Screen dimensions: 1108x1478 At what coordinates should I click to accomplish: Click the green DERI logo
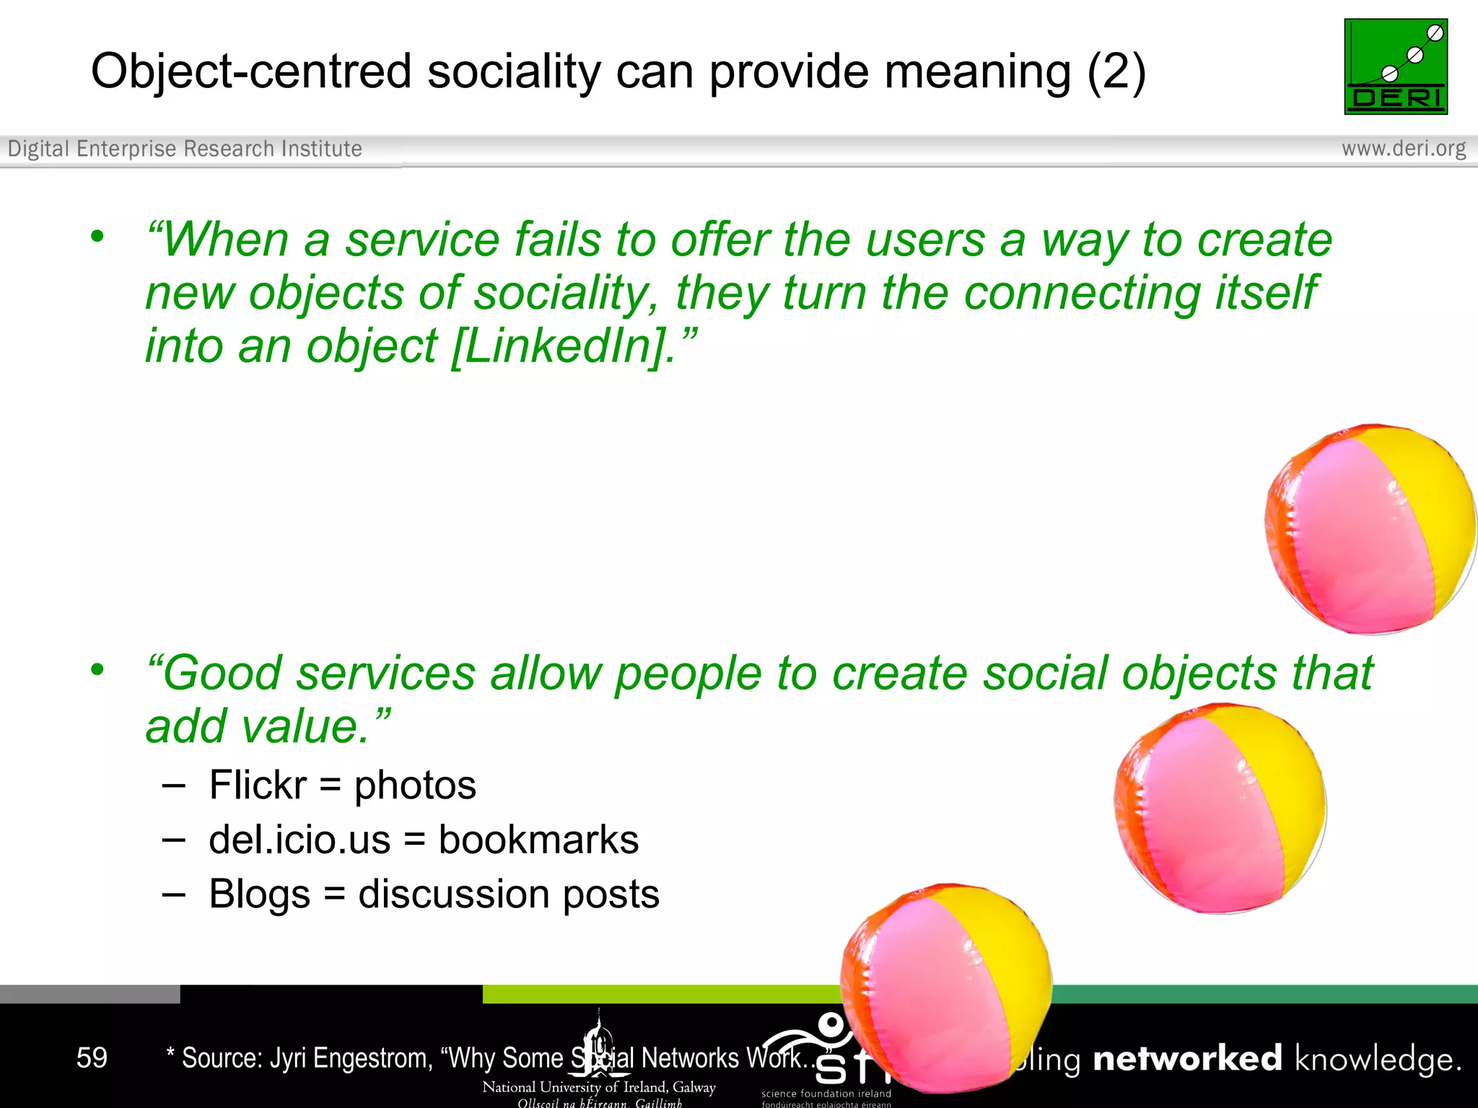tap(1396, 66)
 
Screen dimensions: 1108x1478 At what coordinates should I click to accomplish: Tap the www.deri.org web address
tap(1403, 149)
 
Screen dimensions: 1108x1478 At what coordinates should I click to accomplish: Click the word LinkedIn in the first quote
tap(559, 346)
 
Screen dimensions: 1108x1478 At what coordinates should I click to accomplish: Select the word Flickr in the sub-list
tap(258, 785)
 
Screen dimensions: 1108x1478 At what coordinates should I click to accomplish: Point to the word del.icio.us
tap(299, 840)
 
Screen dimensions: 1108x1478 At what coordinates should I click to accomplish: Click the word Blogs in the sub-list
tap(259, 894)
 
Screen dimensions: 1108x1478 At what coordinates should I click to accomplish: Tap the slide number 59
tap(92, 1058)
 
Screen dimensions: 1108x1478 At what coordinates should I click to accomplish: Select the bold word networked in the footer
tap(1187, 1059)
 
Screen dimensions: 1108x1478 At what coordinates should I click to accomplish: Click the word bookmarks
tap(538, 840)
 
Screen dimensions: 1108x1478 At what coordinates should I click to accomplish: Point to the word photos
tap(415, 785)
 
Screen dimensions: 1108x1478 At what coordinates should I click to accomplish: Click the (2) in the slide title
tap(1116, 72)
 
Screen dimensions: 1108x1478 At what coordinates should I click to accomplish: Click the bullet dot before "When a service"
tap(97, 236)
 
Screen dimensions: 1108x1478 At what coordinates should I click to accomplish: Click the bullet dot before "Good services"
tap(97, 669)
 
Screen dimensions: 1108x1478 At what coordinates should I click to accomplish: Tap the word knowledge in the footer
tap(1377, 1059)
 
